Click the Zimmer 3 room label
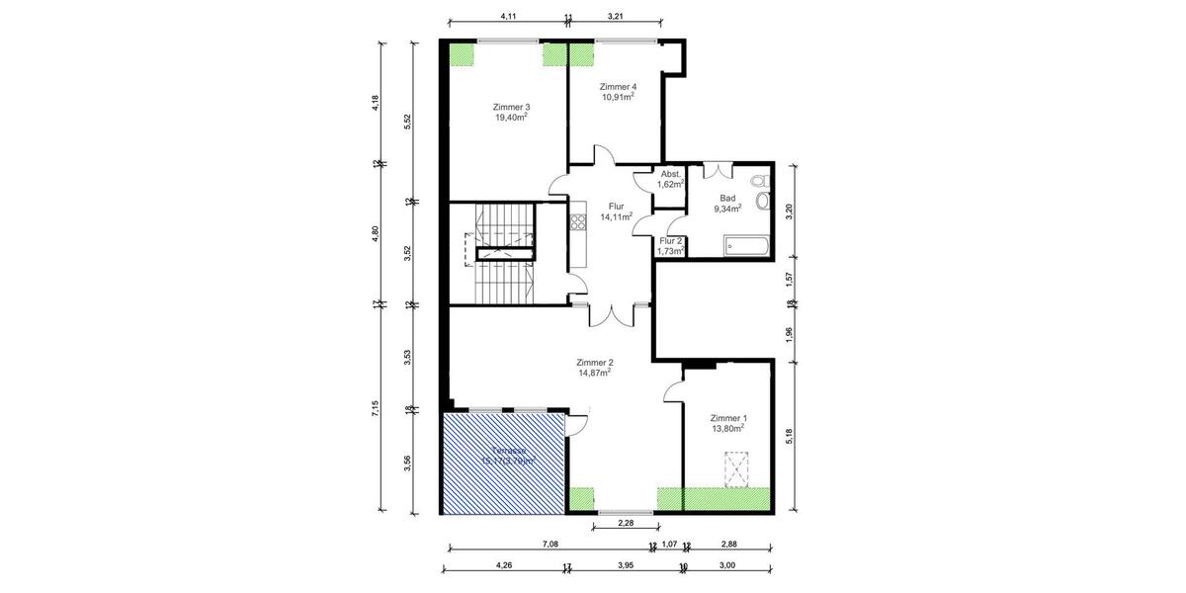512,107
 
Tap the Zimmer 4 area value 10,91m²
618,98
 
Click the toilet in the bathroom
758,183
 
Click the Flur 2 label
671,240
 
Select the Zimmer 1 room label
727,418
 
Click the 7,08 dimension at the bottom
551,544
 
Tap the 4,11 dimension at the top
509,17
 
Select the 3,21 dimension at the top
615,17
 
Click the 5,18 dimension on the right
789,435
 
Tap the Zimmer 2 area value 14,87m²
594,372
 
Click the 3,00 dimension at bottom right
726,565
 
